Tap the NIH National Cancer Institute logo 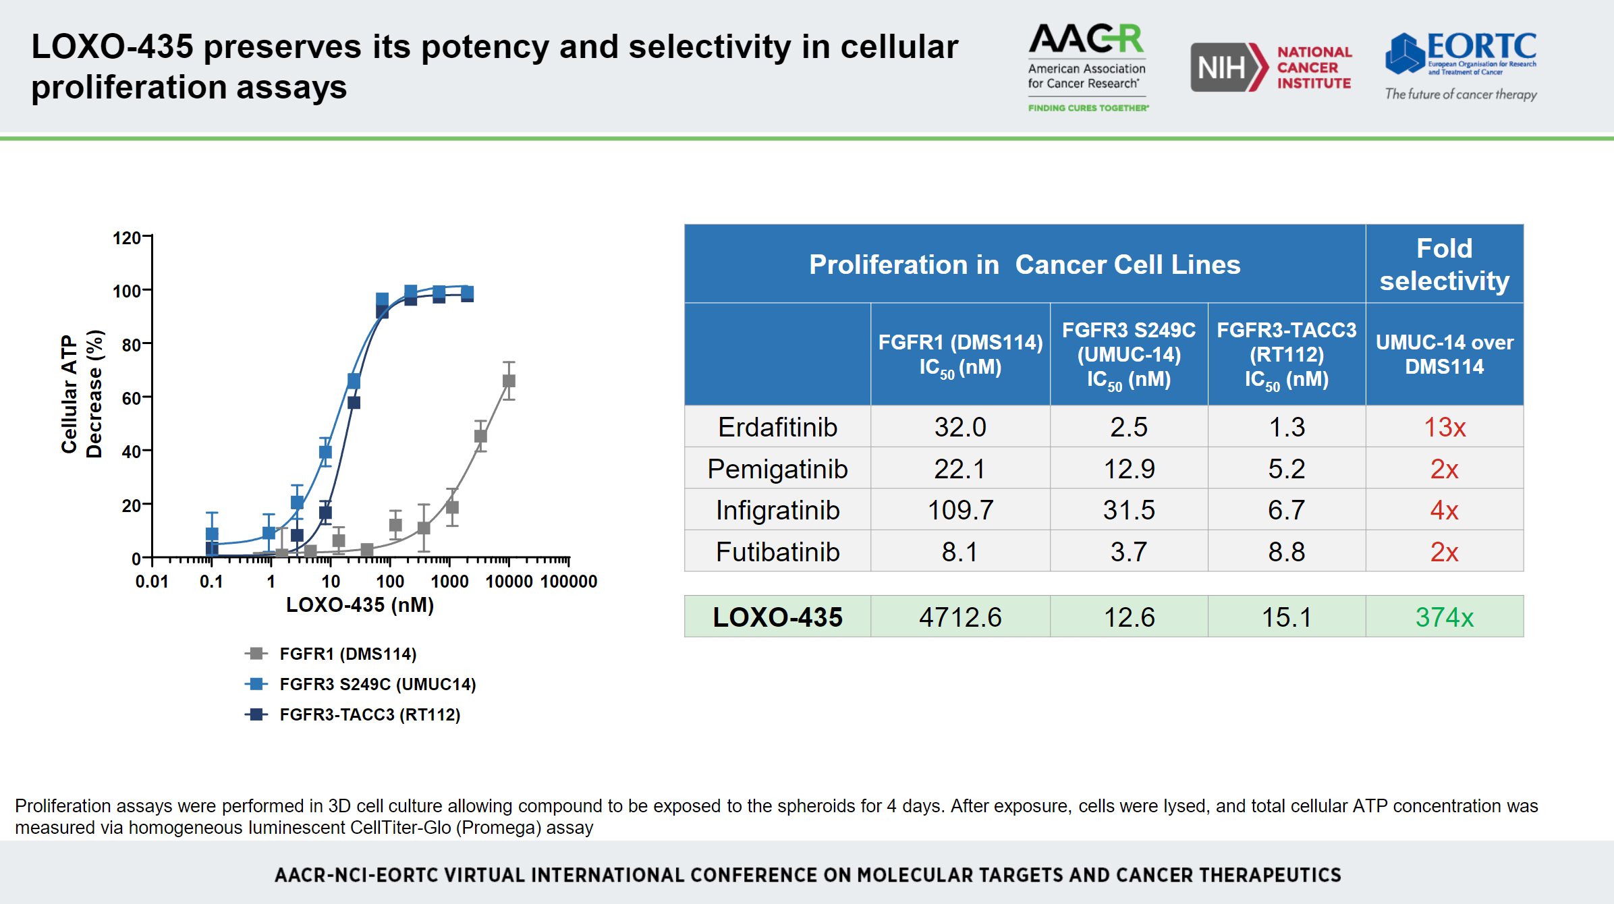tap(1271, 67)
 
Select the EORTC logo tap(1461, 66)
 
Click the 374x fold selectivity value tap(1444, 617)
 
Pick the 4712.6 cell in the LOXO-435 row tap(959, 617)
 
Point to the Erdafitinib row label tap(777, 427)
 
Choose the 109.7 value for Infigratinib tap(959, 510)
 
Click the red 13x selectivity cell tap(1444, 427)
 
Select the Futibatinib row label tap(777, 552)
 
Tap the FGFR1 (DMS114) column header tap(959, 354)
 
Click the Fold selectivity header tap(1444, 264)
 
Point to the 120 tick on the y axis tap(126, 238)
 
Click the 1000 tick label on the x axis tap(449, 582)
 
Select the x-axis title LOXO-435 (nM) tap(360, 604)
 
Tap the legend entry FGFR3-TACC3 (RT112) tap(369, 714)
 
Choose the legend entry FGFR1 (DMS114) tap(347, 654)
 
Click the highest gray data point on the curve tap(509, 381)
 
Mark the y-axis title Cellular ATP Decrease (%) tap(82, 395)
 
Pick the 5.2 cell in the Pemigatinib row tap(1286, 469)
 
